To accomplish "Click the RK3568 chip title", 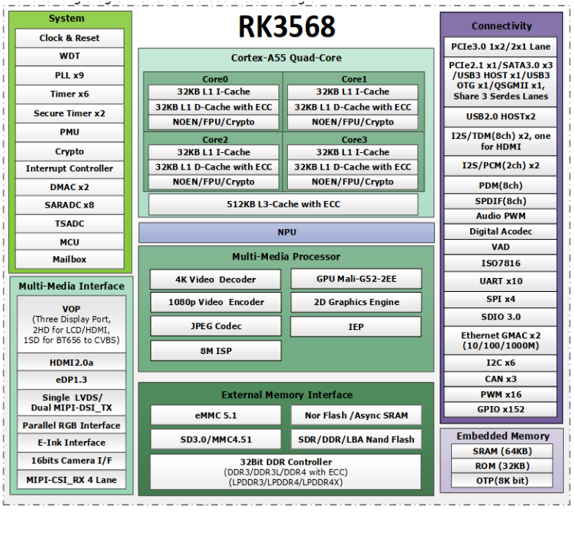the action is pyautogui.click(x=287, y=26).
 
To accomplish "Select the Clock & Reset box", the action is pyautogui.click(x=70, y=38).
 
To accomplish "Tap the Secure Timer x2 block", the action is pyautogui.click(x=70, y=113).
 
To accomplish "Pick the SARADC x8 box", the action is pyautogui.click(x=70, y=205).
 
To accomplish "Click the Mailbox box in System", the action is pyautogui.click(x=70, y=259).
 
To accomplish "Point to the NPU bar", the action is pyautogui.click(x=286, y=233).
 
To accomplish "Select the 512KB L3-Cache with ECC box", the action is pyautogui.click(x=283, y=204).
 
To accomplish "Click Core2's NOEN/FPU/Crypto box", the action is pyautogui.click(x=214, y=181).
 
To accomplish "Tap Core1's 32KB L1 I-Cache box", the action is pyautogui.click(x=353, y=92).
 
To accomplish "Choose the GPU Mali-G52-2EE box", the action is pyautogui.click(x=356, y=279).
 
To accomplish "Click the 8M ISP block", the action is pyautogui.click(x=216, y=351).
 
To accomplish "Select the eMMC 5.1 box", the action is pyautogui.click(x=216, y=416).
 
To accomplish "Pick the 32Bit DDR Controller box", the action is pyautogui.click(x=286, y=472).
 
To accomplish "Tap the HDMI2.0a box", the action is pyautogui.click(x=72, y=363).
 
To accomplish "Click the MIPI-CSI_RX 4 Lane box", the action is pyautogui.click(x=72, y=480).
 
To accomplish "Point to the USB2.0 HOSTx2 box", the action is pyautogui.click(x=501, y=117).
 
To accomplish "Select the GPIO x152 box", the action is pyautogui.click(x=501, y=410).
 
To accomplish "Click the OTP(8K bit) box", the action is pyautogui.click(x=502, y=481).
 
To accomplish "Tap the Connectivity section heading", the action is pyautogui.click(x=502, y=26).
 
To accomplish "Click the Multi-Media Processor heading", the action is pyautogui.click(x=286, y=256).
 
